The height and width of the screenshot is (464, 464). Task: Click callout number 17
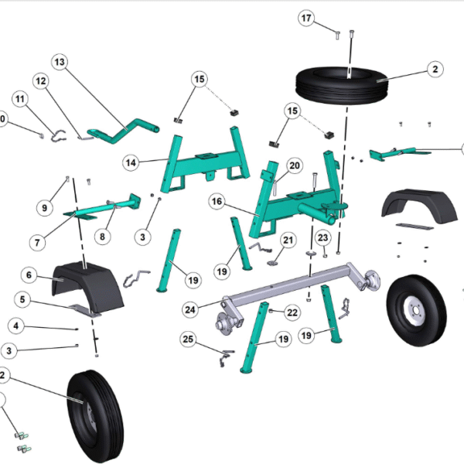(307, 18)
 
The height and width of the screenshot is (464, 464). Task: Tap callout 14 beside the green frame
(131, 162)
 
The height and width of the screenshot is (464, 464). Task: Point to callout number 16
(217, 202)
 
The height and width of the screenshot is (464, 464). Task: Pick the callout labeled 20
(294, 165)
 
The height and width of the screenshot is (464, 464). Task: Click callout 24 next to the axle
(189, 309)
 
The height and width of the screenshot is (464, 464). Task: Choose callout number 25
(187, 339)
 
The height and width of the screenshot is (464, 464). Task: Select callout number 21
(288, 241)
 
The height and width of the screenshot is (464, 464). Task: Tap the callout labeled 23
(323, 237)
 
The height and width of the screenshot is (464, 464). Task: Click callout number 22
(292, 312)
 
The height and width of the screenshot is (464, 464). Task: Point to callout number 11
(19, 99)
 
